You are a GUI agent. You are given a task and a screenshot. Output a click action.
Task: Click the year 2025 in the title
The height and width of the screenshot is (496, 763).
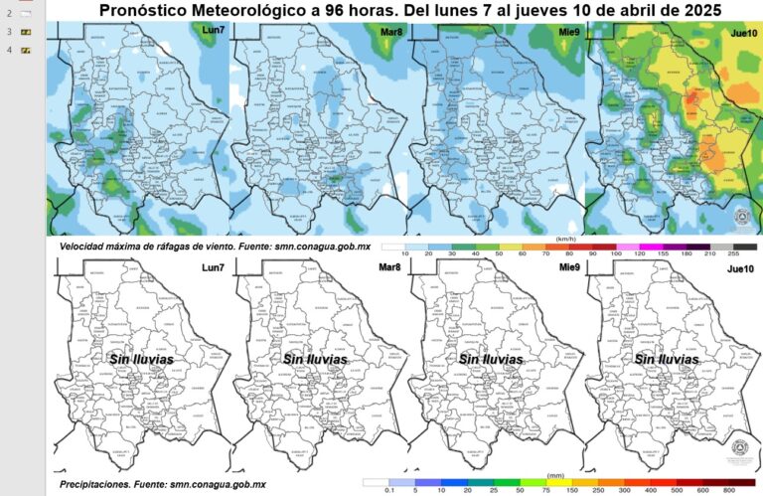(694, 11)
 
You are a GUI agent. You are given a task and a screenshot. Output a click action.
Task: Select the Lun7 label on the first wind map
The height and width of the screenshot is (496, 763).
(213, 32)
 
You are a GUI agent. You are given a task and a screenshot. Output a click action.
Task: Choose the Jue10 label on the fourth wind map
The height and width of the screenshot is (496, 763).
(740, 32)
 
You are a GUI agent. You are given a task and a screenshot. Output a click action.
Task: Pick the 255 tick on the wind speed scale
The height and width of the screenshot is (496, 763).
(734, 255)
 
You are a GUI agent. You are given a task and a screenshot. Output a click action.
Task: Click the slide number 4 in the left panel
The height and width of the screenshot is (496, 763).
(9, 48)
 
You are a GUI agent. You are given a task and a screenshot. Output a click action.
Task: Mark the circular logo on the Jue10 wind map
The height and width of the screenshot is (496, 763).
(740, 218)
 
